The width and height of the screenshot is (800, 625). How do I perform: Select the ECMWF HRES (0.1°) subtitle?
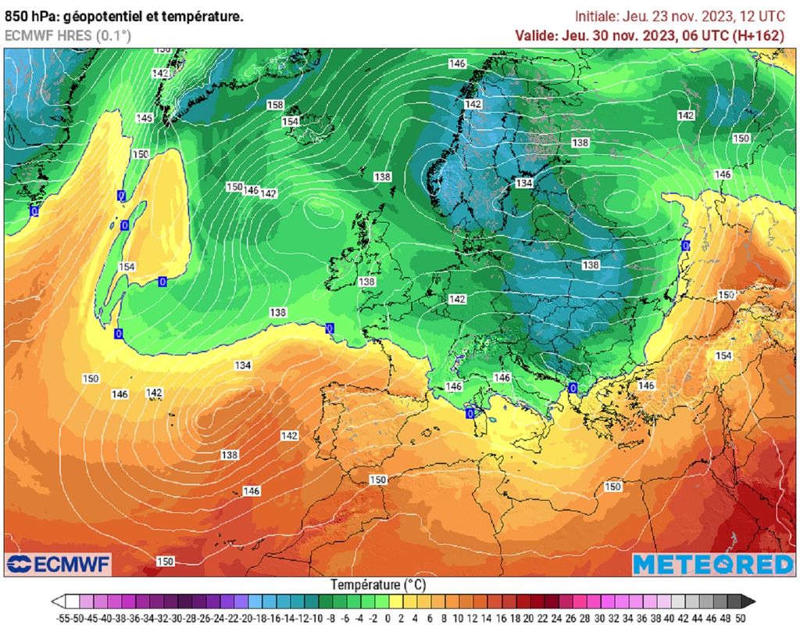pos(68,35)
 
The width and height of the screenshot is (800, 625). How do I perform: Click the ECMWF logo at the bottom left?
pos(59,564)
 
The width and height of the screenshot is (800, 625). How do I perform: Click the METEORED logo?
pos(712,564)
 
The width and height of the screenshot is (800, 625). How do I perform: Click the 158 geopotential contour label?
pos(275,105)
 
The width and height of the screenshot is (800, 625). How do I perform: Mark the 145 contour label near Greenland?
pos(145,118)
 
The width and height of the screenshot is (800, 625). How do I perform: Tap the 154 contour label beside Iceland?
pos(291,121)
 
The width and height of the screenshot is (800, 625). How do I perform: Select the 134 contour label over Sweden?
pos(523,182)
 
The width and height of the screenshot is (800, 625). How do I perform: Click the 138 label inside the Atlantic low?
pos(230,454)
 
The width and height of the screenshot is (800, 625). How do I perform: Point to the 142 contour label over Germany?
pos(458,300)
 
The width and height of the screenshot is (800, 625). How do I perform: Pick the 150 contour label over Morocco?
pos(378,480)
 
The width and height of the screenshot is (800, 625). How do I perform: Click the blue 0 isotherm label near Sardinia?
pos(470,412)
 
